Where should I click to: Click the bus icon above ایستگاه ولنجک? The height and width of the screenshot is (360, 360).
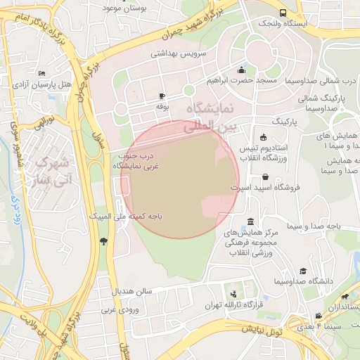pyautogui.click(x=283, y=13)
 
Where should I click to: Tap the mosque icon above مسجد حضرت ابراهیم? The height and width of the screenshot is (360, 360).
pyautogui.click(x=242, y=70)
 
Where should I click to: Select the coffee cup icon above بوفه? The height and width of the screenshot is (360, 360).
pyautogui.click(x=162, y=96)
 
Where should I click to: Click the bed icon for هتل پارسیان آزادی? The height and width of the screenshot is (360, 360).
pyautogui.click(x=42, y=73)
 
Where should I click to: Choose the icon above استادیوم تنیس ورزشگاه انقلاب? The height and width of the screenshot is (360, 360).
pyautogui.click(x=263, y=137)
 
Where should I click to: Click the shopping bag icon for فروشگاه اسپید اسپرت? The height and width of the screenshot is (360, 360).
pyautogui.click(x=265, y=176)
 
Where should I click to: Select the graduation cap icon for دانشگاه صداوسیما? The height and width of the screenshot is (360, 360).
pyautogui.click(x=303, y=271)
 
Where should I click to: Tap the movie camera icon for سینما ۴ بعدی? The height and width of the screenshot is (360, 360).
pyautogui.click(x=319, y=316)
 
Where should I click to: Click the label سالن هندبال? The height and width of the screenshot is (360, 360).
pyautogui.click(x=131, y=290)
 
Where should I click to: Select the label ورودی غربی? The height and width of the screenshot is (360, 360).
pyautogui.click(x=117, y=309)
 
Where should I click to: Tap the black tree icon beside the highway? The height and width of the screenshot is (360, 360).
pyautogui.click(x=104, y=242)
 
